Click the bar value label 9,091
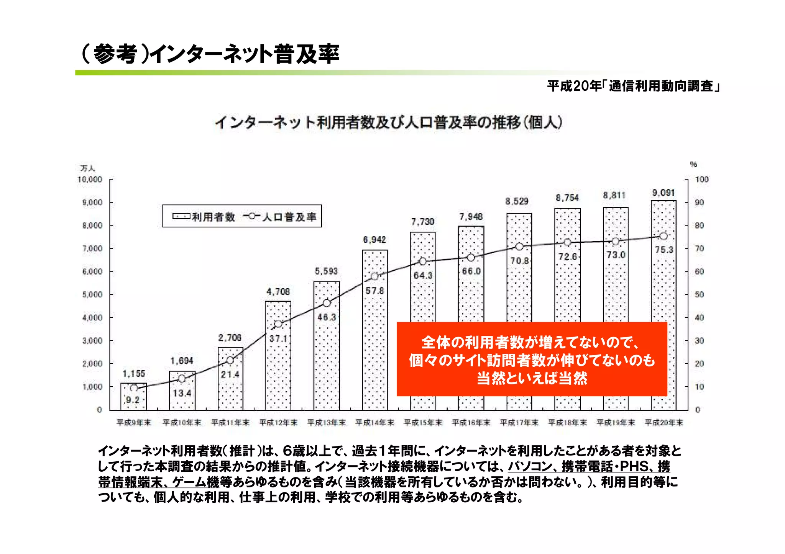(663, 193)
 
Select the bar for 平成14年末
(374, 345)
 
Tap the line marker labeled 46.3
(327, 303)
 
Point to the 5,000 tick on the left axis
(92, 294)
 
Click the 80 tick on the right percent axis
(700, 226)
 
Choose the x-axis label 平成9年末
(134, 423)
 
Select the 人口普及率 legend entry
(280, 217)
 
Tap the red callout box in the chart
(532, 359)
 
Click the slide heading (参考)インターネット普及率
(210, 54)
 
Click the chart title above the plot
(388, 123)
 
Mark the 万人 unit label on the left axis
(87, 168)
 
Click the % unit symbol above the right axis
(693, 164)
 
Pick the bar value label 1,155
(134, 373)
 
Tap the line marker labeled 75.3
(663, 236)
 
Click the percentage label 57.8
(374, 291)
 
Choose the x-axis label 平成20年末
(664, 423)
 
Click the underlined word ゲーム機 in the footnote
(196, 482)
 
